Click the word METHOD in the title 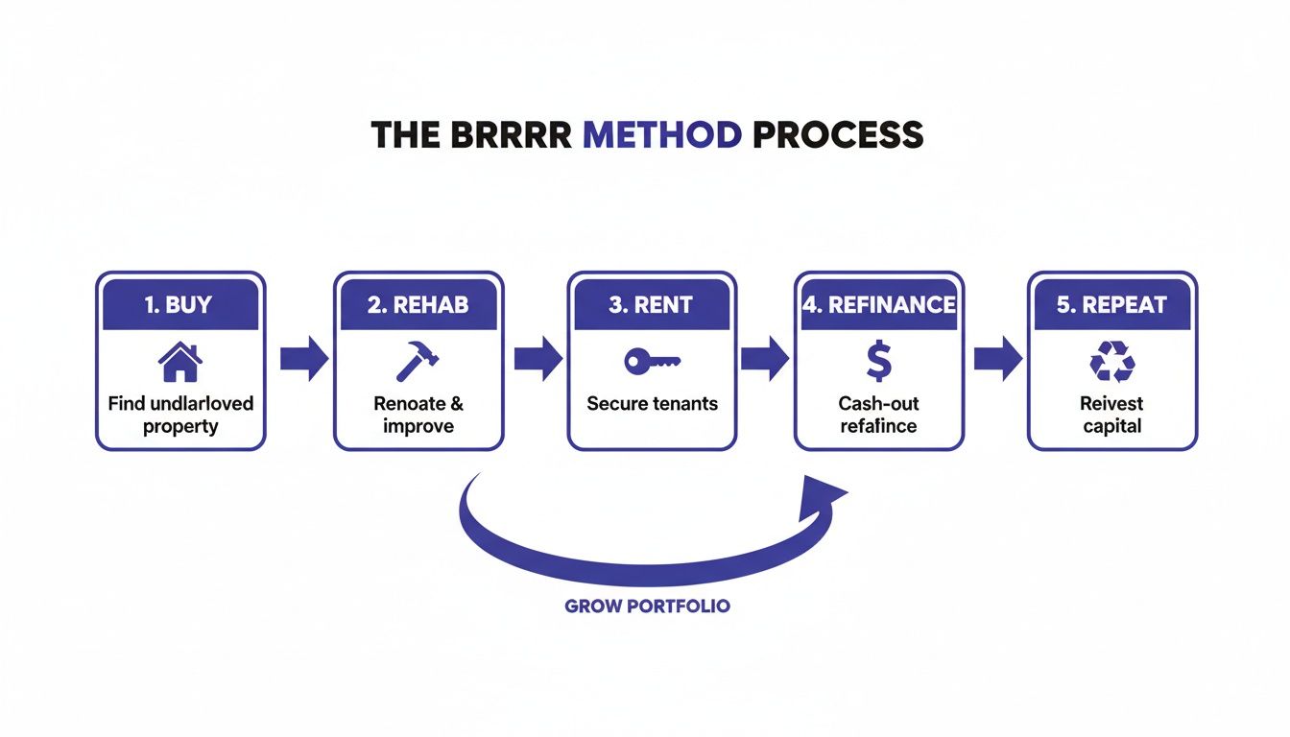pyautogui.click(x=662, y=135)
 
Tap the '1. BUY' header pyautogui.click(x=180, y=305)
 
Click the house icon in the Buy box pyautogui.click(x=180, y=362)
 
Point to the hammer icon pyautogui.click(x=418, y=362)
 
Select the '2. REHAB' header pyautogui.click(x=418, y=305)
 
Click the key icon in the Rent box pyautogui.click(x=652, y=362)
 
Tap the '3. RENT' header pyautogui.click(x=652, y=305)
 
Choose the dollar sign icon pyautogui.click(x=878, y=362)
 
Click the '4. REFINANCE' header pyautogui.click(x=878, y=305)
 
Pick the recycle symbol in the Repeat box pyautogui.click(x=1112, y=363)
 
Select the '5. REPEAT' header pyautogui.click(x=1112, y=305)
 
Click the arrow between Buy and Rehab pyautogui.click(x=304, y=360)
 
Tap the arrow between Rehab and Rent pyautogui.click(x=538, y=360)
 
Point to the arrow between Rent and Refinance pyautogui.click(x=765, y=360)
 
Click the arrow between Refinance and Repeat pyautogui.click(x=997, y=360)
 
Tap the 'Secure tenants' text pyautogui.click(x=652, y=404)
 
